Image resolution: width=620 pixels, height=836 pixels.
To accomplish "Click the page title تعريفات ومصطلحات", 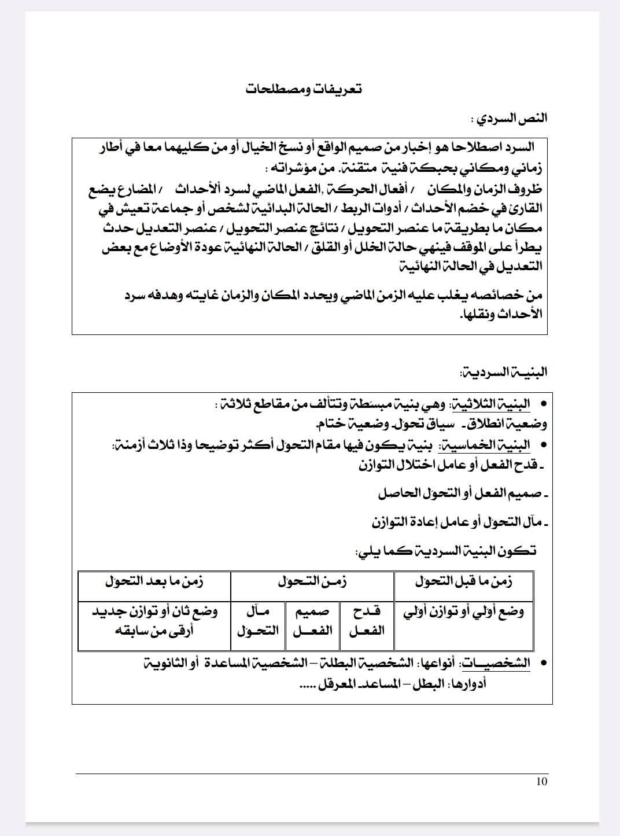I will tap(304, 90).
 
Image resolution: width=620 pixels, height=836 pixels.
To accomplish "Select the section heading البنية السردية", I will tap(503, 372).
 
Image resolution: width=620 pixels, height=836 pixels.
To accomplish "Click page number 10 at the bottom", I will tap(541, 782).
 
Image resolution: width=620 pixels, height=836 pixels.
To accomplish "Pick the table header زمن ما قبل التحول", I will tap(464, 582).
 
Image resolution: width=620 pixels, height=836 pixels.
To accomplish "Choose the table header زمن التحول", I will tap(312, 582).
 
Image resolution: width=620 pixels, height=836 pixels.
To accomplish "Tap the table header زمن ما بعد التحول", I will tap(154, 582).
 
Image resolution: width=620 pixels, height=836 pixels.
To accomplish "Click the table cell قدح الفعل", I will tap(367, 620).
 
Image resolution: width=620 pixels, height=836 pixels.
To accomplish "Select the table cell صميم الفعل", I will tap(312, 620).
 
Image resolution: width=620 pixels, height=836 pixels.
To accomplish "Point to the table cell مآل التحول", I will tap(258, 620).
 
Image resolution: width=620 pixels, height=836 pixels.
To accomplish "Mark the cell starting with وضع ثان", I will tap(154, 620).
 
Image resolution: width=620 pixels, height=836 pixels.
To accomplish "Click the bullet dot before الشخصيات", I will tap(542, 663).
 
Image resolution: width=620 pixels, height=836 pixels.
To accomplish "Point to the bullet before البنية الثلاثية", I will tap(542, 404).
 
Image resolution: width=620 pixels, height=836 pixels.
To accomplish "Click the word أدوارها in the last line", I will tap(467, 684).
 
